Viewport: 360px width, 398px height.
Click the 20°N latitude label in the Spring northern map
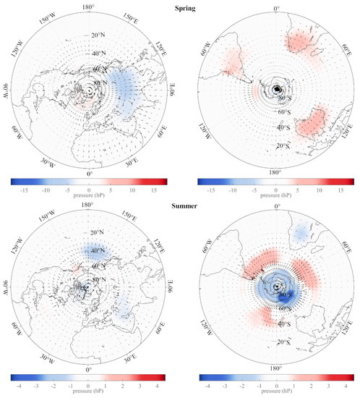(98, 34)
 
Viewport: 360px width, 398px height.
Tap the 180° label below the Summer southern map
(277, 368)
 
